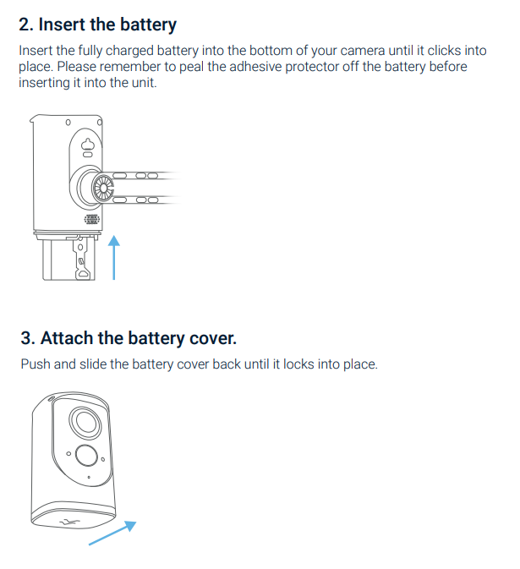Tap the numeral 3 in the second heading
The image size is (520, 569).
pos(26,338)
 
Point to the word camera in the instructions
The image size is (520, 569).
pos(362,51)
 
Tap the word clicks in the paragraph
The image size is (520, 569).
pos(445,51)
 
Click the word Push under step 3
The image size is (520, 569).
pos(36,364)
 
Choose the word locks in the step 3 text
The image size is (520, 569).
pos(298,364)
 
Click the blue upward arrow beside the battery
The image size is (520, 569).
pos(114,257)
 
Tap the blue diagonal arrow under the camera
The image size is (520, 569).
pos(112,533)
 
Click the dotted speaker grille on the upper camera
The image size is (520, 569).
pos(92,219)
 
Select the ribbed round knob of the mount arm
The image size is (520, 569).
pos(103,188)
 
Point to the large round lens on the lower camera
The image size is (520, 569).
pos(85,423)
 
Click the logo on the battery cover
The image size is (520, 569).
pos(70,522)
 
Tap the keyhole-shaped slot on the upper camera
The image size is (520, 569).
pos(87,145)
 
